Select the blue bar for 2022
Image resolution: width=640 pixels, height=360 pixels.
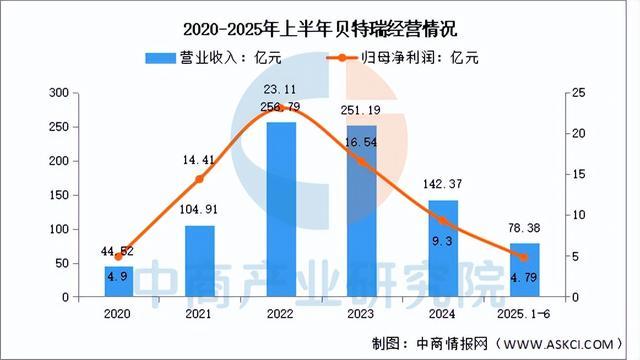click(281, 210)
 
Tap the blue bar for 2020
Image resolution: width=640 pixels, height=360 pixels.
click(119, 281)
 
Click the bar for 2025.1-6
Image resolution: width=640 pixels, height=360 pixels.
click(524, 270)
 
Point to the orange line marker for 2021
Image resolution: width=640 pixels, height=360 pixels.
click(199, 179)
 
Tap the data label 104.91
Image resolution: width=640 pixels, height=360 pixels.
click(199, 211)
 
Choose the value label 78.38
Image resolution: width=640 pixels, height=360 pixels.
click(525, 229)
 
